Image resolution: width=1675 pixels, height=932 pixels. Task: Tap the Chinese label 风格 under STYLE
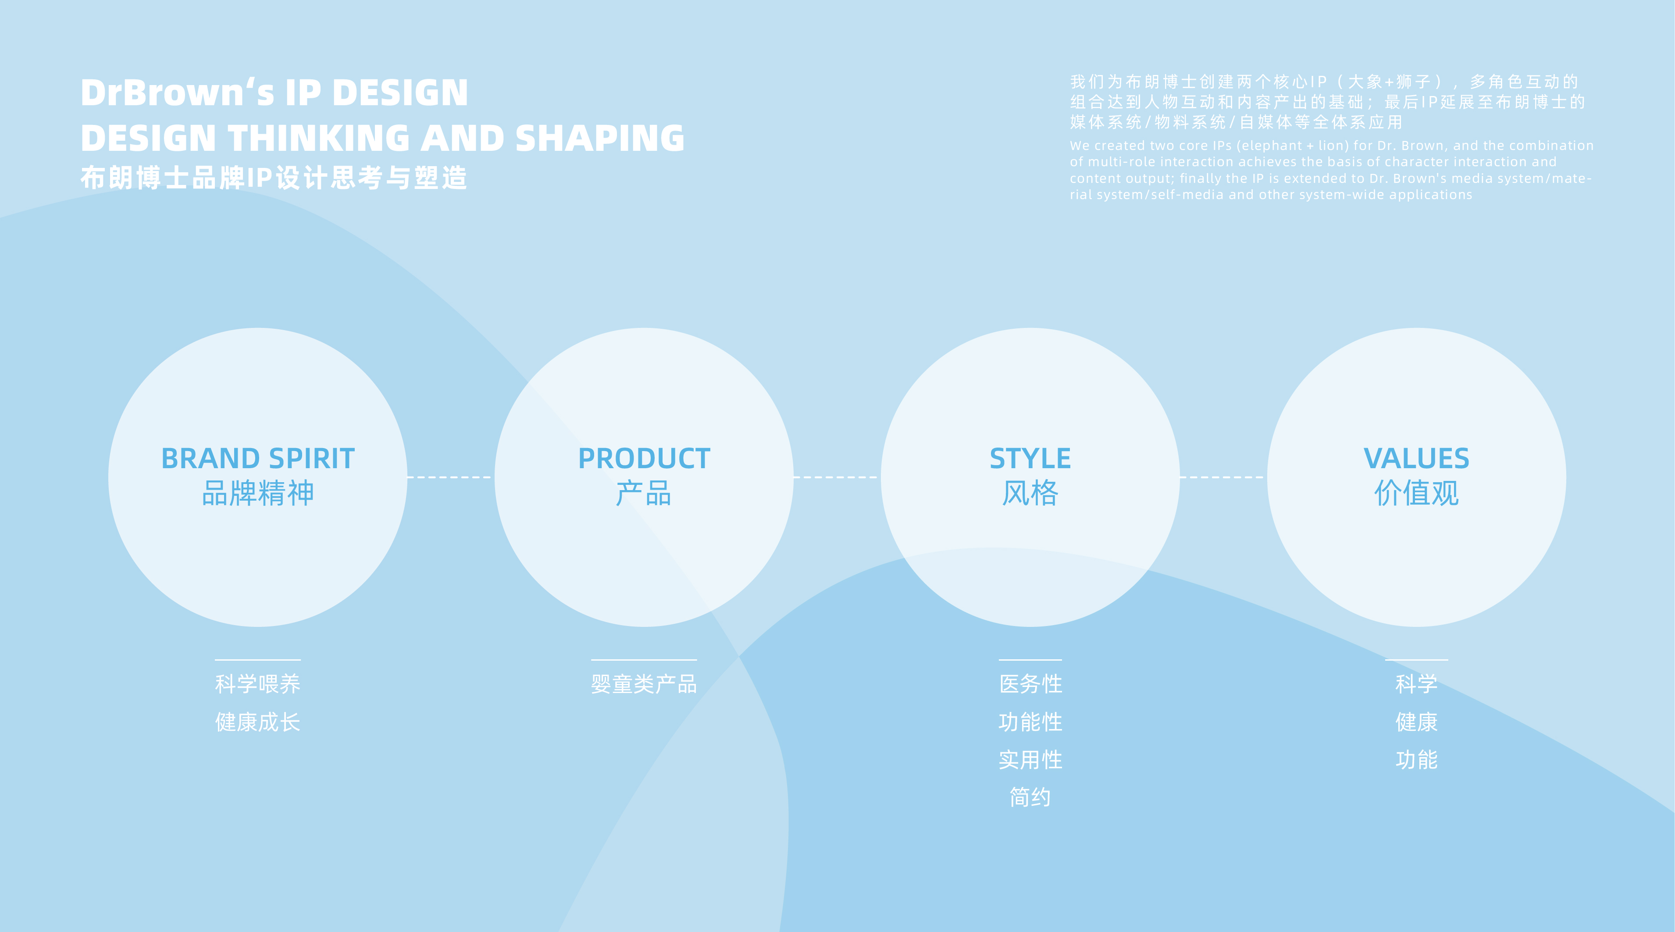1030,493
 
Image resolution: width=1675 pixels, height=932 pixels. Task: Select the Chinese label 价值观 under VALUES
1416,493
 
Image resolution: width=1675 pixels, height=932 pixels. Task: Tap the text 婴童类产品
644,684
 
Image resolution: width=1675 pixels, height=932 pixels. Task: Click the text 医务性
1030,684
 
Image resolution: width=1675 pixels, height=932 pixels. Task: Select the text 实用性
1030,760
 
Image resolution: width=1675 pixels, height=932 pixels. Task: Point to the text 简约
1030,797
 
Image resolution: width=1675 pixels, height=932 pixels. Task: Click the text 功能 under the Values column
1416,760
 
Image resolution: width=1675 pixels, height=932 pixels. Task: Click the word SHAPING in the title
599,139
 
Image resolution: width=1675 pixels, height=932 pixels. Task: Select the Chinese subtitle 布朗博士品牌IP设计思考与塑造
274,178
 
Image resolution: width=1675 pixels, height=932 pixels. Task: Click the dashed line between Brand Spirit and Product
450,477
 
